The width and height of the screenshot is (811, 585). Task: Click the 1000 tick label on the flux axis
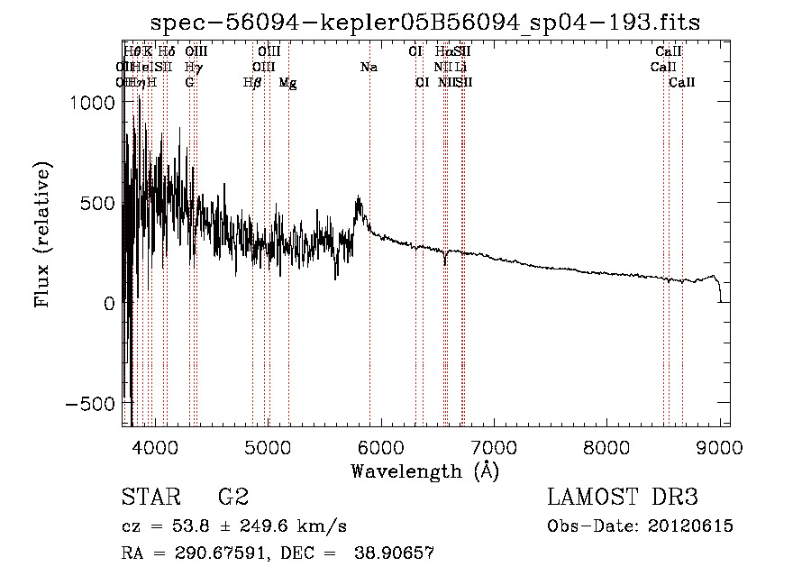pyautogui.click(x=90, y=103)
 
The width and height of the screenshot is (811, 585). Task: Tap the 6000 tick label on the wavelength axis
pyautogui.click(x=382, y=445)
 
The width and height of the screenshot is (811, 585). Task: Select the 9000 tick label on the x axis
pyautogui.click(x=720, y=445)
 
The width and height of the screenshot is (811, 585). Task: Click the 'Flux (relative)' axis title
pyautogui.click(x=42, y=233)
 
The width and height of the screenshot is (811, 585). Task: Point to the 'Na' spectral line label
pyautogui.click(x=369, y=68)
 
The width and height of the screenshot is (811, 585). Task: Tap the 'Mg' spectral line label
pyautogui.click(x=287, y=83)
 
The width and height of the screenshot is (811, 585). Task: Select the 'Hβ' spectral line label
pyautogui.click(x=252, y=83)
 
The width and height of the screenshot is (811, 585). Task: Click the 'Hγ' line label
pyautogui.click(x=192, y=68)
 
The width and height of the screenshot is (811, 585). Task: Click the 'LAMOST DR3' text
pyautogui.click(x=622, y=497)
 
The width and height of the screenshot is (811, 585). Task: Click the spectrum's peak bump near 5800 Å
pyautogui.click(x=359, y=199)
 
